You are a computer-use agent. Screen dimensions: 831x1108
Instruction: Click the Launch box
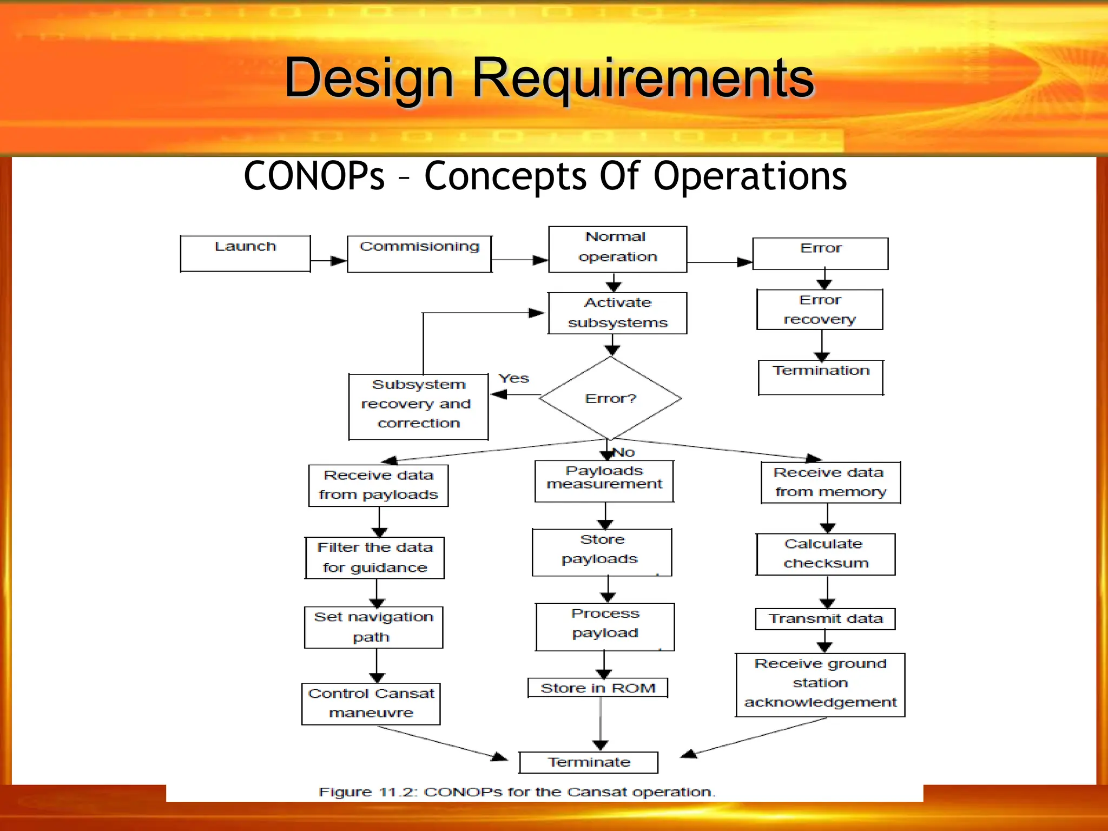tap(245, 253)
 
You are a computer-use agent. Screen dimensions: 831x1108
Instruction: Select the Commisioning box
tap(419, 253)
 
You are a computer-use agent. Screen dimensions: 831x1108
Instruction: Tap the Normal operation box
tap(617, 249)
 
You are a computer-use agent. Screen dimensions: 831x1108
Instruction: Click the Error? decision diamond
tap(610, 399)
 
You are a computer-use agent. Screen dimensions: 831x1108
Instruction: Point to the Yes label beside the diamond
tap(513, 378)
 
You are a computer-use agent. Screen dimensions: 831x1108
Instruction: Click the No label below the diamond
tap(624, 452)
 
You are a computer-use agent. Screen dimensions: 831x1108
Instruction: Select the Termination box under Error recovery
tap(820, 377)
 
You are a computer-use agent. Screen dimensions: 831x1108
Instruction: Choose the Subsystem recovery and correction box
tap(418, 406)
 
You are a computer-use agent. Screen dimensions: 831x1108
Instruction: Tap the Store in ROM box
tap(597, 688)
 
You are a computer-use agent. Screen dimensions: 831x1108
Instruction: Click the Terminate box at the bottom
tap(588, 762)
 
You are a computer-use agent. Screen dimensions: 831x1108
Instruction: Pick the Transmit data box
tap(825, 618)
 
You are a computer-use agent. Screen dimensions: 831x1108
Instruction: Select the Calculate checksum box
tap(825, 554)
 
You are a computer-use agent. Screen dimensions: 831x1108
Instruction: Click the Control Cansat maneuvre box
tap(371, 703)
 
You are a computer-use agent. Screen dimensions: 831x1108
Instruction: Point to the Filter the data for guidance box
tap(374, 558)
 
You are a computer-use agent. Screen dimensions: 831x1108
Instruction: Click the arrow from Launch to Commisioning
tap(328, 261)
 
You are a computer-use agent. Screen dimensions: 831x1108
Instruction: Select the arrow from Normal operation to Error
tap(720, 262)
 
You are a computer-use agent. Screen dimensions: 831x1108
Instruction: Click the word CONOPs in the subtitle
tap(314, 176)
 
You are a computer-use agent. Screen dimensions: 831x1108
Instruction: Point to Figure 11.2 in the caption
tap(368, 792)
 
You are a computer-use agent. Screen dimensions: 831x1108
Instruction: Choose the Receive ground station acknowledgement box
tap(820, 684)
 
